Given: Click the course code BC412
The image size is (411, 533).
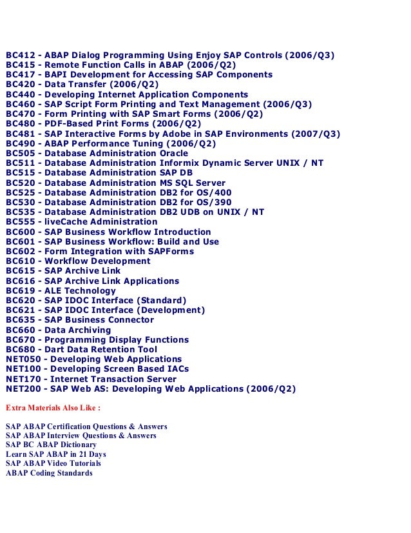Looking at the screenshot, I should coord(19,55).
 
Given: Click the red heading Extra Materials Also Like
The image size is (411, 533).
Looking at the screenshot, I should coord(53,408).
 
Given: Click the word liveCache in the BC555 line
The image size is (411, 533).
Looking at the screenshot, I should coord(66,222).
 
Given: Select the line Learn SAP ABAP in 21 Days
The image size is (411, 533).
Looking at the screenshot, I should coord(56,454).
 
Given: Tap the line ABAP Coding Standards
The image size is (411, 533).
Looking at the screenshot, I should coord(49,473).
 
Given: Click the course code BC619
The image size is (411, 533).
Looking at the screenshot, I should coord(19,290).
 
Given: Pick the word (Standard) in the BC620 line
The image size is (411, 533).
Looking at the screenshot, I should coord(160,300).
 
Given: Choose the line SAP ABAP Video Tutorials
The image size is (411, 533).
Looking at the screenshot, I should coord(53,463).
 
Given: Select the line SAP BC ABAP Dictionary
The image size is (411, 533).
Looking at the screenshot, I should coord(52,445).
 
